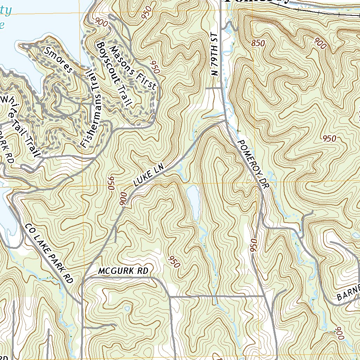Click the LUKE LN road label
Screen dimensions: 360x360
[149, 177]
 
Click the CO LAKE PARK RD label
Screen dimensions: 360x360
[49, 253]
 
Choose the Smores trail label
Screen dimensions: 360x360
[59, 60]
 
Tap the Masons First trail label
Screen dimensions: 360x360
[133, 67]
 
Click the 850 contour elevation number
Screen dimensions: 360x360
[258, 43]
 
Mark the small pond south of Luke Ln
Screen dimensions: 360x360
[193, 202]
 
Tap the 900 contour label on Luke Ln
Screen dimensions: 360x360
[123, 199]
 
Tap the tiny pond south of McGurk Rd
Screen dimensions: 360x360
[127, 309]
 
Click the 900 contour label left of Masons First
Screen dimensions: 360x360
[102, 22]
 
